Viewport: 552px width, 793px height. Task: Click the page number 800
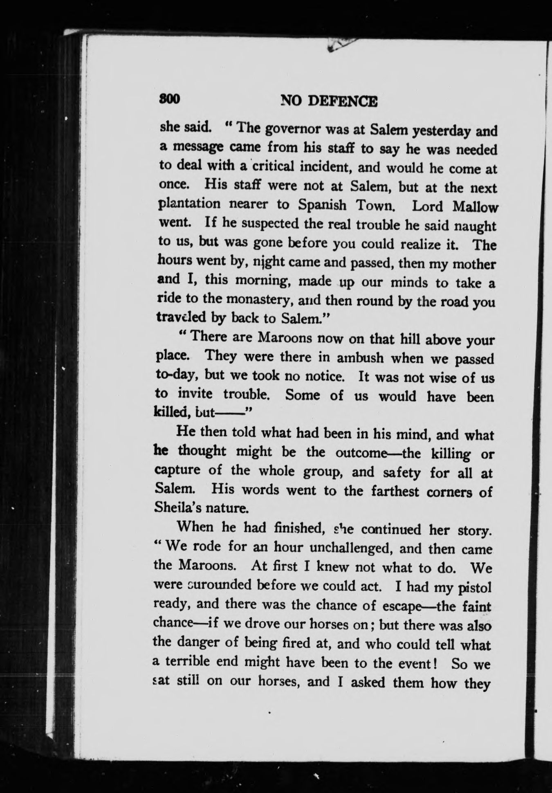click(x=170, y=99)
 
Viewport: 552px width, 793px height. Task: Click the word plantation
click(x=190, y=204)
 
